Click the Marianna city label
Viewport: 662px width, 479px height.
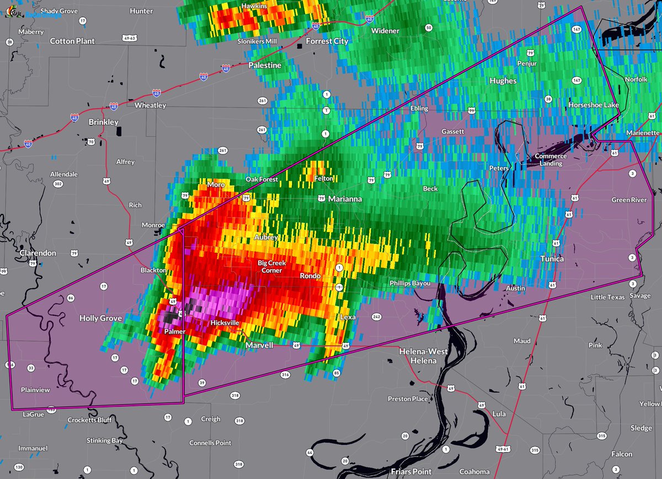(x=345, y=198)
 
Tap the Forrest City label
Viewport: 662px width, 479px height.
(x=327, y=41)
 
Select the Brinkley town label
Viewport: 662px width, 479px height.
(x=103, y=122)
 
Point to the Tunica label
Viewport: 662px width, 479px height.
(x=552, y=259)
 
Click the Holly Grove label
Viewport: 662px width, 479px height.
(x=100, y=318)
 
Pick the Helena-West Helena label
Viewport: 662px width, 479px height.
(x=423, y=356)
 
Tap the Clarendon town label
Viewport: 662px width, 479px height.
(x=38, y=253)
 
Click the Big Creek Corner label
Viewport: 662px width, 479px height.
(x=270, y=267)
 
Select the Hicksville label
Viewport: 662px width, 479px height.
(x=225, y=323)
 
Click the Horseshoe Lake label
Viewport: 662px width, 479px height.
(x=594, y=105)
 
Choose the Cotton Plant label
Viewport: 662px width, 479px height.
(x=72, y=41)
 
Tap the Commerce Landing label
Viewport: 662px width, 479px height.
(x=551, y=160)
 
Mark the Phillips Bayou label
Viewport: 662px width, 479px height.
(x=410, y=283)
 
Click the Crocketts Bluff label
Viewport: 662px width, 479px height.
(x=89, y=420)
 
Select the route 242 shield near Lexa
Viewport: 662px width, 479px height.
(x=377, y=317)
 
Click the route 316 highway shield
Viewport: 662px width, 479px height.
(x=285, y=375)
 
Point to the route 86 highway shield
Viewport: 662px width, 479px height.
(x=71, y=298)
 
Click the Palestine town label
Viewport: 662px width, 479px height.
(x=265, y=65)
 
